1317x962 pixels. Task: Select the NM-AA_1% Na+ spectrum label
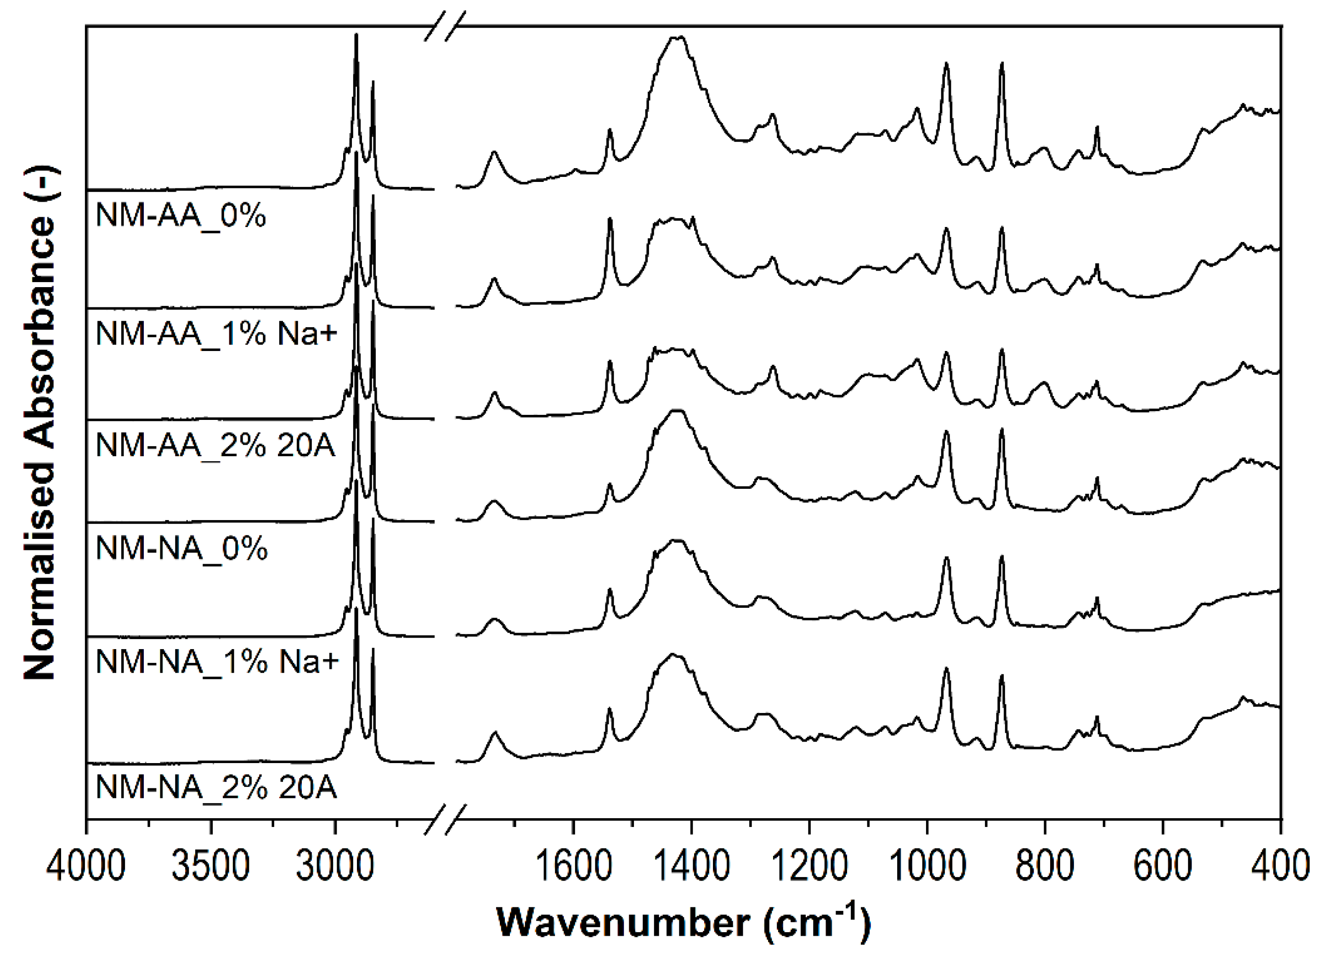point(216,334)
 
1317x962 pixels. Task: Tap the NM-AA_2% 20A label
point(215,446)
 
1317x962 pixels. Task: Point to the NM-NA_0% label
point(181,549)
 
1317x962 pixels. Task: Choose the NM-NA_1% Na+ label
point(216,662)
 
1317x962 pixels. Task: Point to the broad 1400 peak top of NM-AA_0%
point(677,37)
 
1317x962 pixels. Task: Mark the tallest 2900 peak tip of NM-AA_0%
point(356,35)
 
